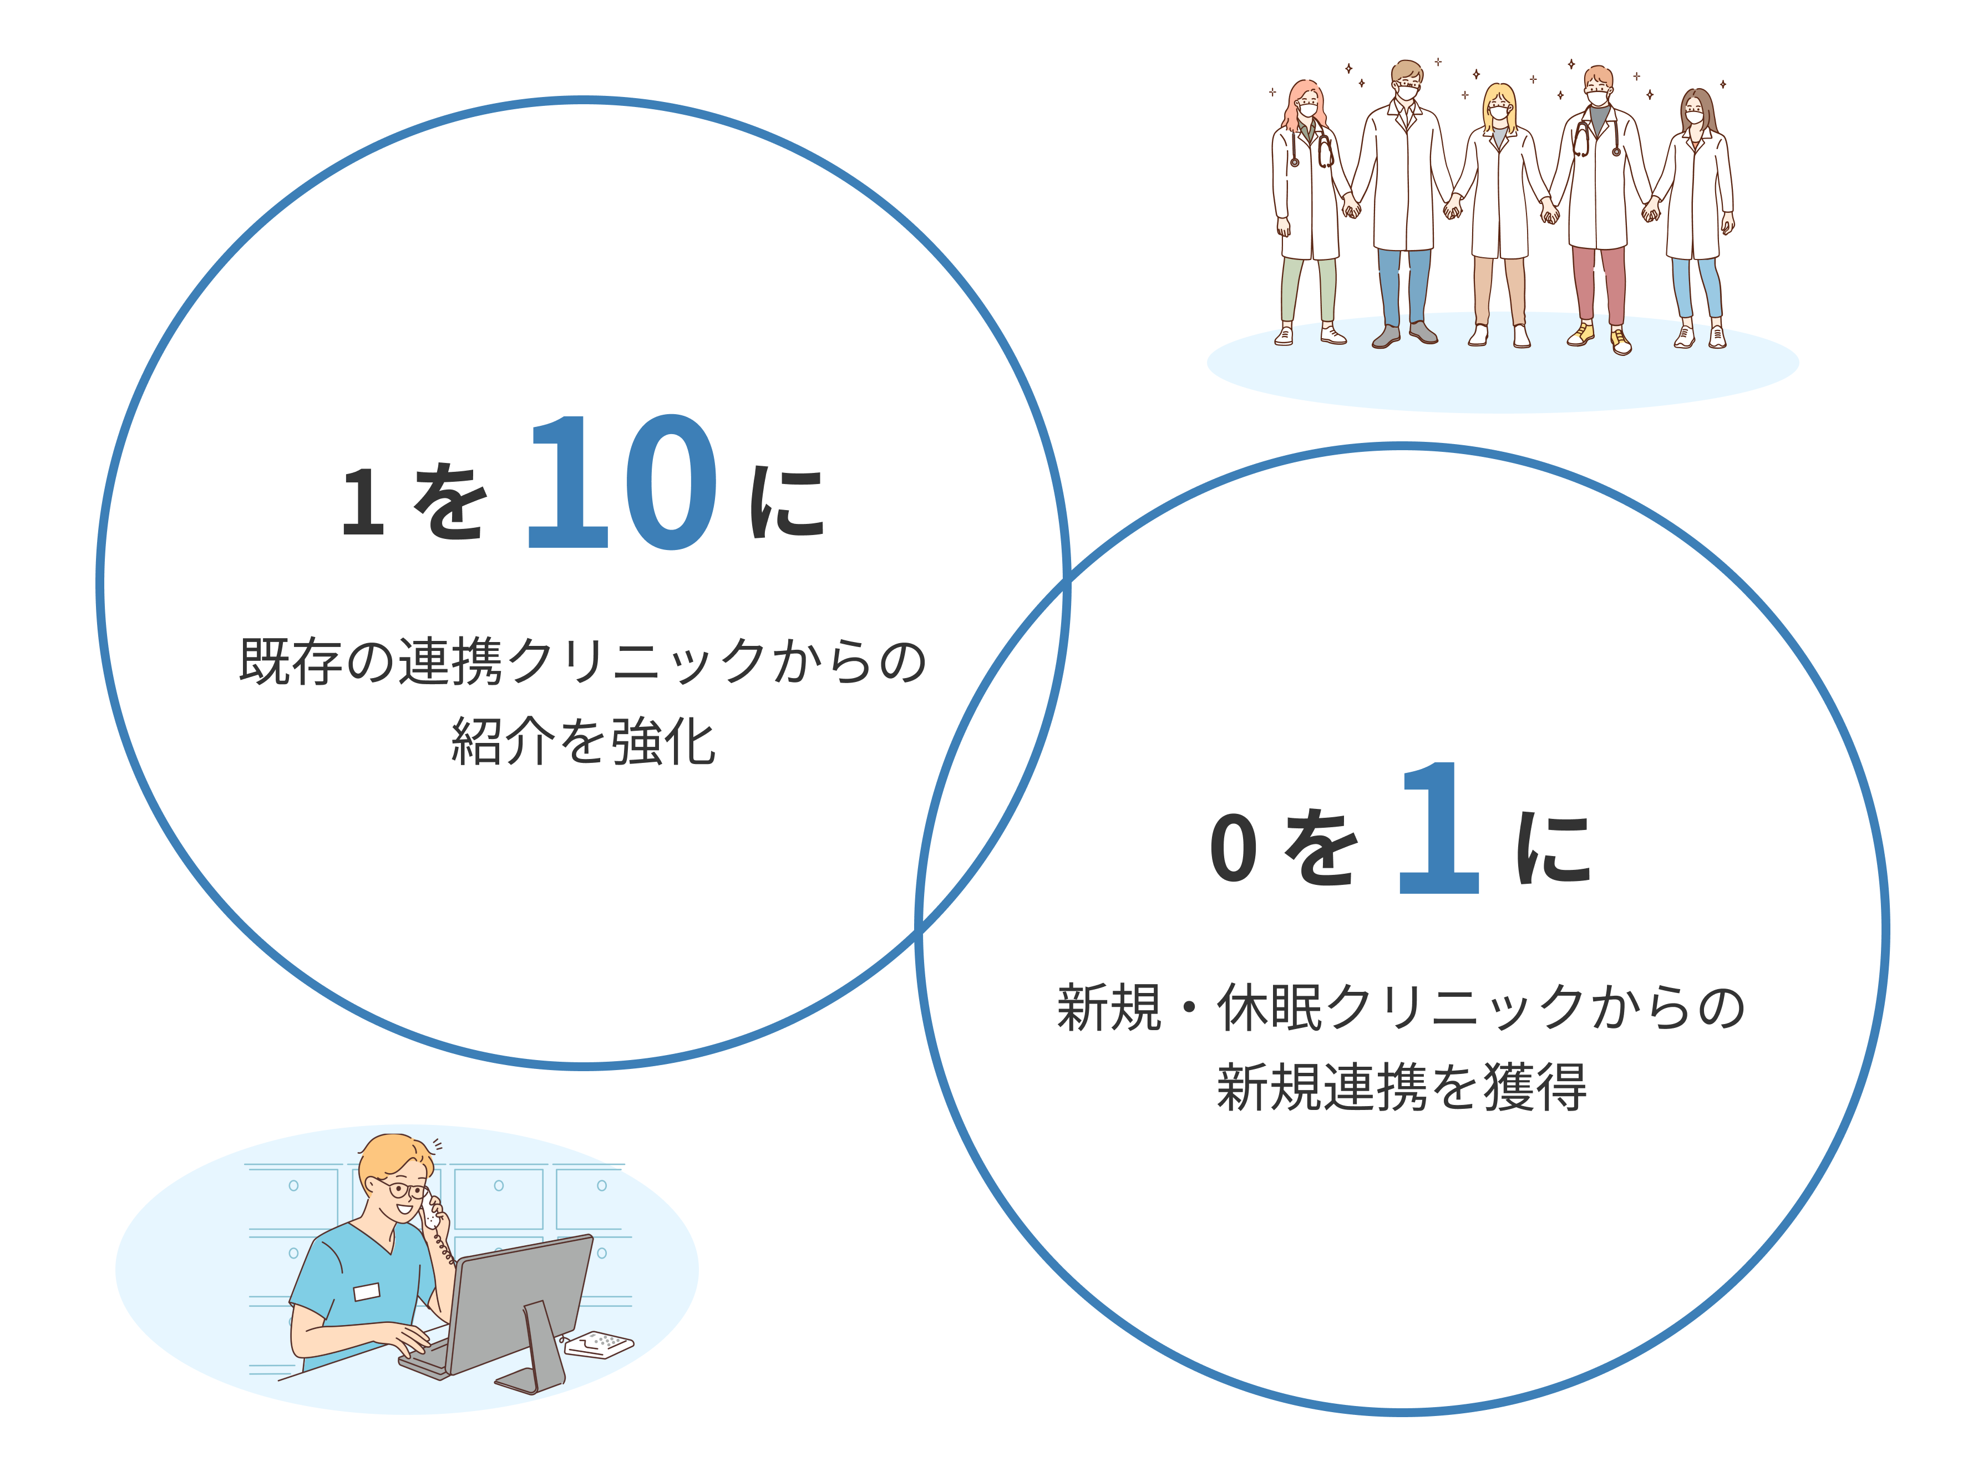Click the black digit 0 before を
coord(1234,848)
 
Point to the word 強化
coord(663,741)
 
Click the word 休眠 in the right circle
coord(1269,1007)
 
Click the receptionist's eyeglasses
coord(404,1190)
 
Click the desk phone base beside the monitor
coord(599,1344)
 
